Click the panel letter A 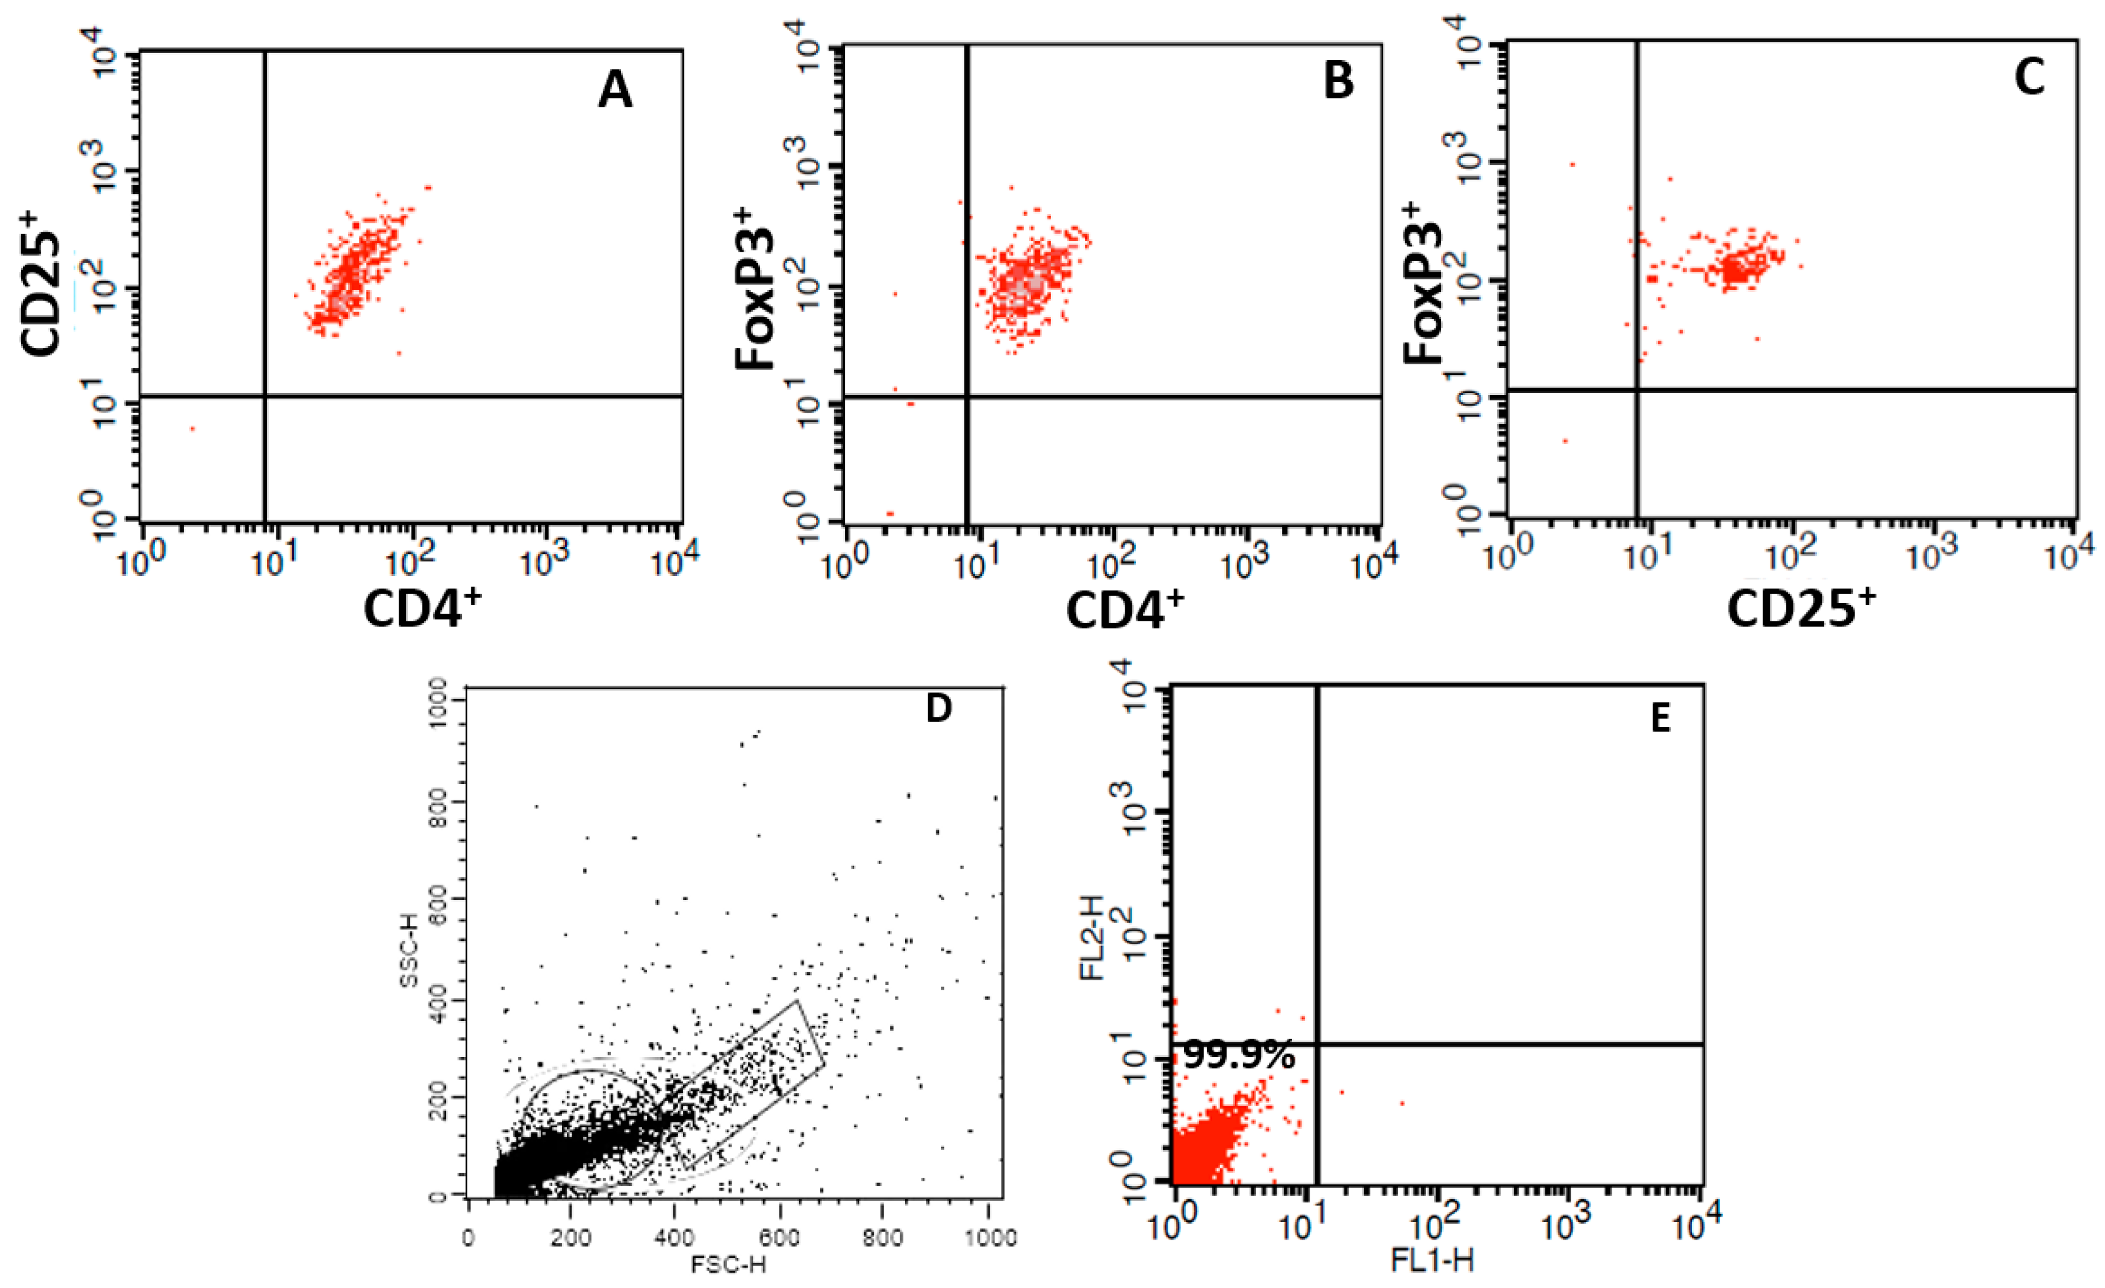point(615,91)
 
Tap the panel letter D point(938,708)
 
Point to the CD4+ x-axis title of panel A point(422,608)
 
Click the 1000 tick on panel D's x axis point(989,1237)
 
